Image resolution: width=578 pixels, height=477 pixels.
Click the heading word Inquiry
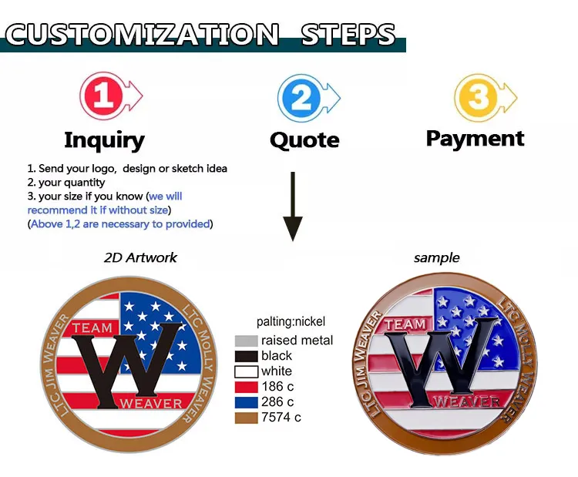coord(104,140)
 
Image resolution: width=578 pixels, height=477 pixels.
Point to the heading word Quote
coord(304,140)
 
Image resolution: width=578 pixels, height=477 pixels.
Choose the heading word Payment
coord(475,139)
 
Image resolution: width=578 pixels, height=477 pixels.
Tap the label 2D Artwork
coord(140,258)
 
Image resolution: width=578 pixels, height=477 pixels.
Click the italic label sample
coord(436,258)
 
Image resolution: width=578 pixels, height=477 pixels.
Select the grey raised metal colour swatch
coord(246,341)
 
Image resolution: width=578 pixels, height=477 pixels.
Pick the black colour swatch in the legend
coord(246,356)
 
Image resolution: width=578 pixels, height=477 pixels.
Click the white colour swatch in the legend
coord(246,371)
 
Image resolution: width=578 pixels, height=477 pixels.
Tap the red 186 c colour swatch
coord(246,387)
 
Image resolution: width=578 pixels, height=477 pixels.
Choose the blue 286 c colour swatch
coord(246,402)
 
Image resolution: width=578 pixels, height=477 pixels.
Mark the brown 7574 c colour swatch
coord(246,418)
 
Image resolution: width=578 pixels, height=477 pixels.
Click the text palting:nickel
coord(291,322)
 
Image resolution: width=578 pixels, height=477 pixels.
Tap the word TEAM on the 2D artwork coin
coord(92,328)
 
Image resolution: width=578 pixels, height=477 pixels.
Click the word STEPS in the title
coord(348,35)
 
